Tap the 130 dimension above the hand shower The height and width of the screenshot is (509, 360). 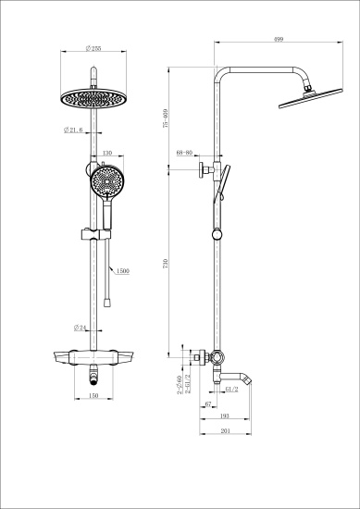[x=106, y=154]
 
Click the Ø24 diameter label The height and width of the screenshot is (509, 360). [x=81, y=328]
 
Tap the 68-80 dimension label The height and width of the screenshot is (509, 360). [x=183, y=154]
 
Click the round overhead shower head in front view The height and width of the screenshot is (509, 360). [x=93, y=97]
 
